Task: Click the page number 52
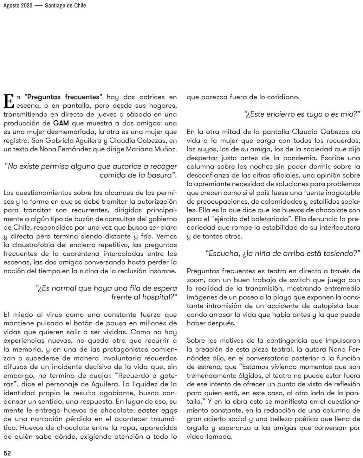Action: (7, 453)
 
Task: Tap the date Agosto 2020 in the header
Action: (18, 5)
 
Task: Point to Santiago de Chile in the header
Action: (65, 5)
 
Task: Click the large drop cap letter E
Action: (9, 101)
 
